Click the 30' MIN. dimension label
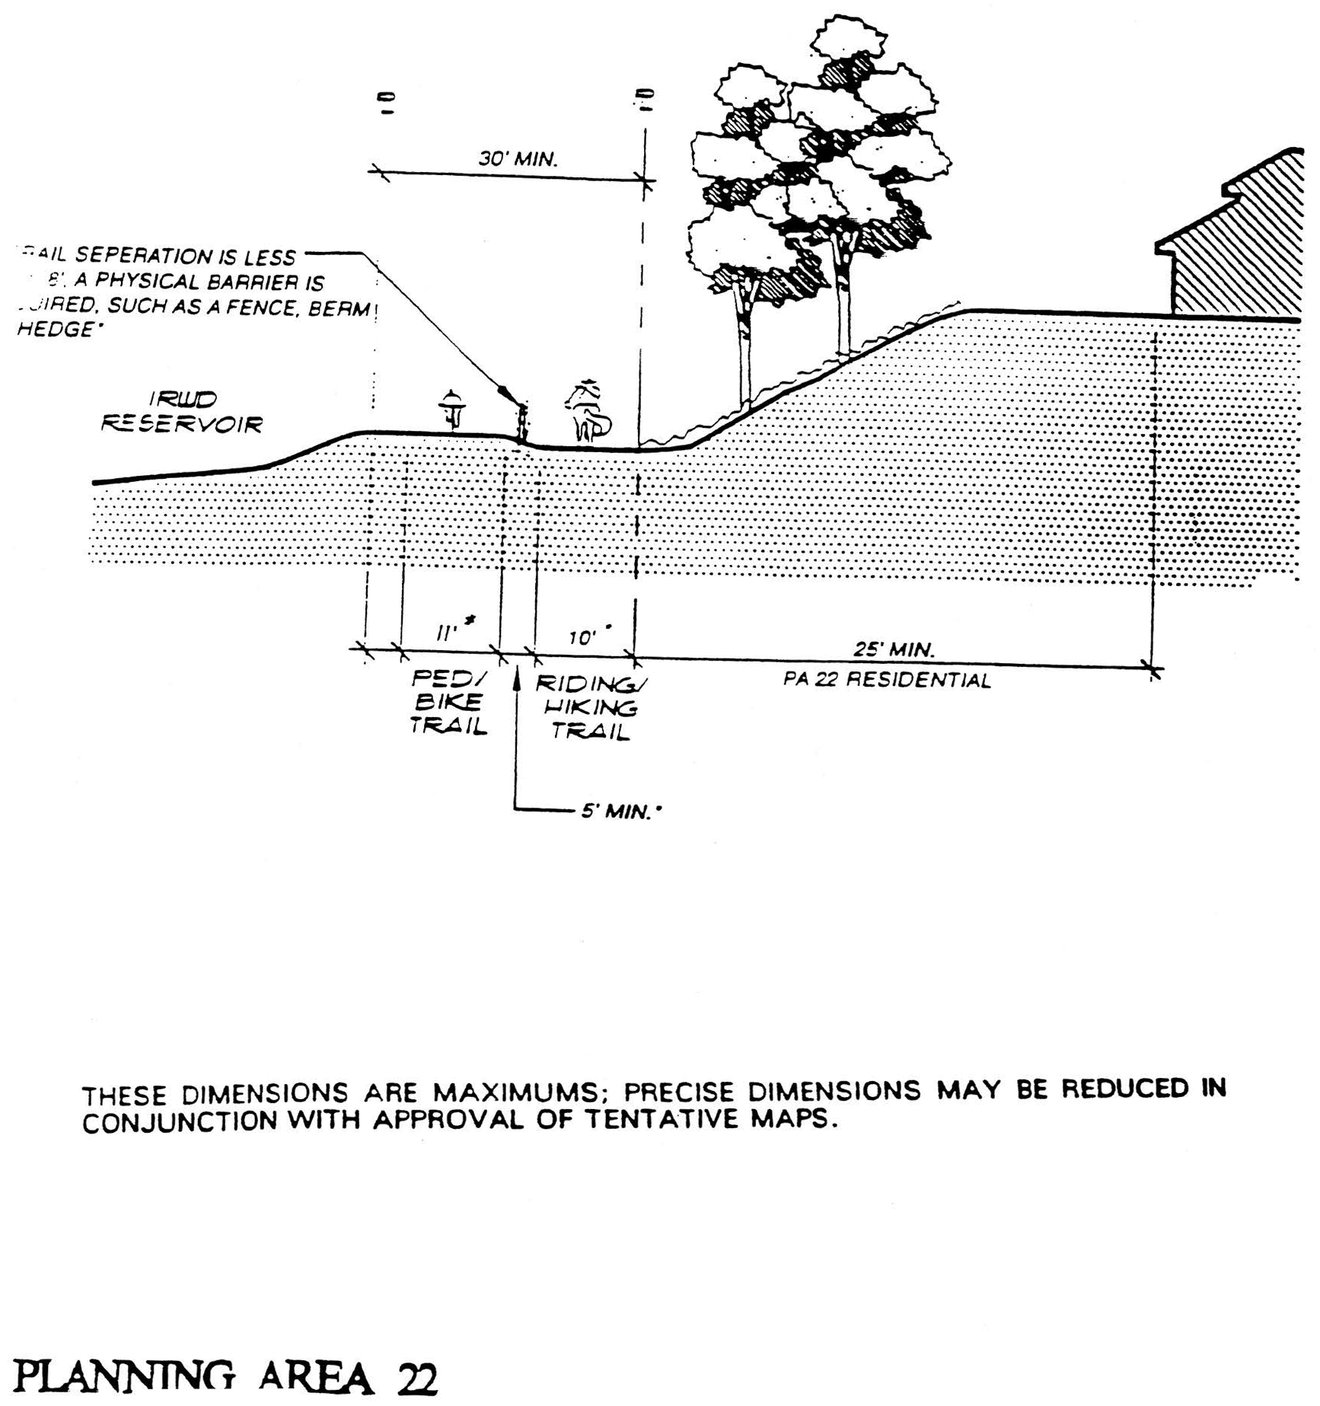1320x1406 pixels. click(518, 159)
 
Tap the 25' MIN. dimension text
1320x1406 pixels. click(893, 650)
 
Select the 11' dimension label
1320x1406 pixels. click(447, 633)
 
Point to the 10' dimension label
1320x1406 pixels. click(582, 637)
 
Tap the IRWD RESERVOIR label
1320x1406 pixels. click(182, 412)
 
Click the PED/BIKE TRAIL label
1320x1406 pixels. click(448, 701)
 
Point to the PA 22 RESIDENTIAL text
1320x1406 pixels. click(887, 680)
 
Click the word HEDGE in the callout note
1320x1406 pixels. click(55, 330)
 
